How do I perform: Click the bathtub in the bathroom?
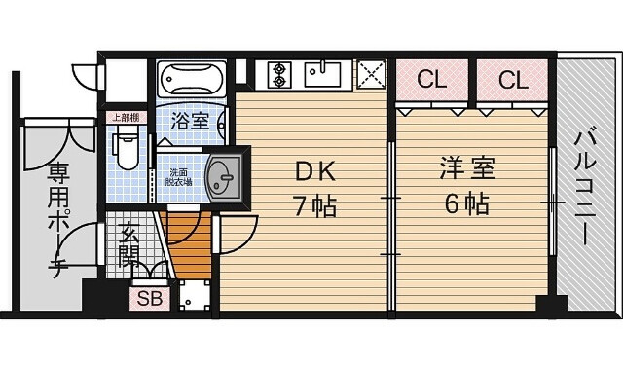point(192,79)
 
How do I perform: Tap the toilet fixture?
point(126,149)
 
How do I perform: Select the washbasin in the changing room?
point(223,177)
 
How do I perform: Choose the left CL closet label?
point(432,80)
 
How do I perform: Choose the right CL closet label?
point(512,80)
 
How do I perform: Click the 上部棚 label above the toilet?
point(125,118)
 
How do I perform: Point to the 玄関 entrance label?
point(128,244)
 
